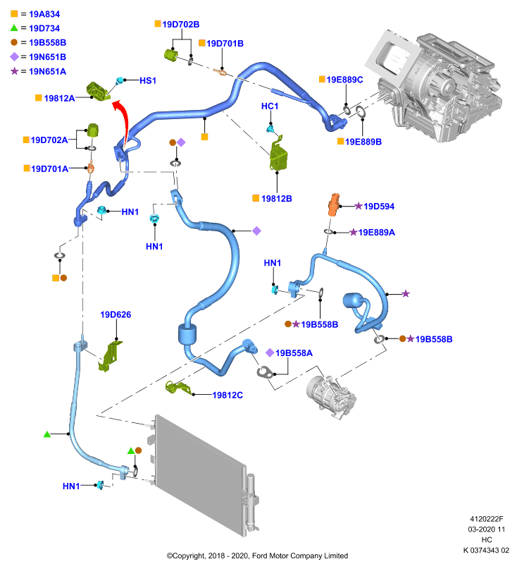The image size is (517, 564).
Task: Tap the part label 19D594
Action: coord(379,207)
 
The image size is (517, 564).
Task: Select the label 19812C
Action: coord(228,396)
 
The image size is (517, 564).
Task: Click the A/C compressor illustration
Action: coord(331,396)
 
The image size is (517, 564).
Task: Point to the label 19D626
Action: coord(116,314)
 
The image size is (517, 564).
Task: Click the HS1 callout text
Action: coord(148,80)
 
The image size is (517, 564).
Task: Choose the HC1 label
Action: coord(270,106)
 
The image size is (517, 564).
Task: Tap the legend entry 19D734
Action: coord(44,28)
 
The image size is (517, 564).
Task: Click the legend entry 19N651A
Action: coord(47,72)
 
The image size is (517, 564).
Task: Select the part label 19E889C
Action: coord(344,80)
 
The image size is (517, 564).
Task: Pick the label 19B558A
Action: coord(294,353)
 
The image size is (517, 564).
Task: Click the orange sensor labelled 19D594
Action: coord(333,204)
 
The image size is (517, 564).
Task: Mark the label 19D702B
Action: coord(181,25)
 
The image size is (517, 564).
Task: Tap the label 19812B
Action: coord(276,199)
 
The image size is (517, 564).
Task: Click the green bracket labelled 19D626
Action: coord(110,356)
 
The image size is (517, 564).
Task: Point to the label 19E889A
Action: coord(377,233)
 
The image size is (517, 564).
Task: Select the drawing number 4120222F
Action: coord(487,519)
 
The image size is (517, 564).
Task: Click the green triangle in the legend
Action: coord(14,27)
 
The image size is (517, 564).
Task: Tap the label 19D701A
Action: coord(49,168)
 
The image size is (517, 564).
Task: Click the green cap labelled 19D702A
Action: coord(93,130)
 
